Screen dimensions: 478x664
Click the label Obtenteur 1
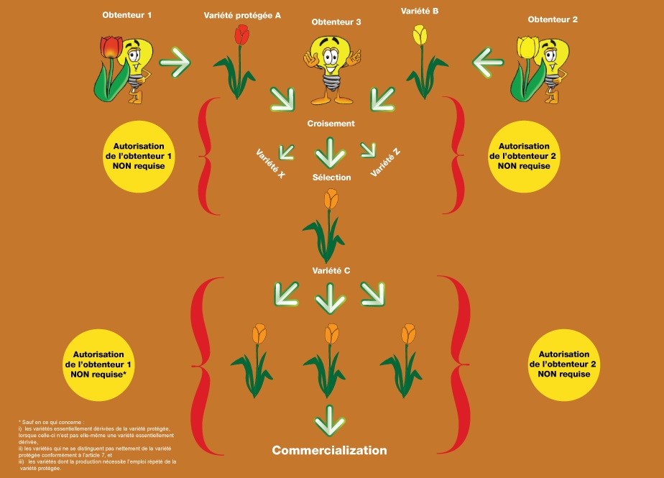(128, 15)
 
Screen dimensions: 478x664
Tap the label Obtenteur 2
(553, 19)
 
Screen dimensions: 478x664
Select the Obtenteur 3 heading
(336, 22)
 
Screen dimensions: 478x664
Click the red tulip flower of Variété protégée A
(241, 34)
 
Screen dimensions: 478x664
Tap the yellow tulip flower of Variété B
(419, 35)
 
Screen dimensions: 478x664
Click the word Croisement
(331, 124)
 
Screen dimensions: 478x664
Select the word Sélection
(331, 177)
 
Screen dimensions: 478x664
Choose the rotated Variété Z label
(387, 162)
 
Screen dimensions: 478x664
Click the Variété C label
(331, 271)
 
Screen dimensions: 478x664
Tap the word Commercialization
(329, 451)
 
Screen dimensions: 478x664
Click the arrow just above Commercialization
(330, 420)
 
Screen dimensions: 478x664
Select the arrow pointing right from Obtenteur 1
(175, 63)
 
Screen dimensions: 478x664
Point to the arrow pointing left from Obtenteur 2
(488, 63)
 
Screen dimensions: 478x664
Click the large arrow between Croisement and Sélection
(331, 152)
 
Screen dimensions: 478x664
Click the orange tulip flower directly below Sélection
(331, 198)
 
